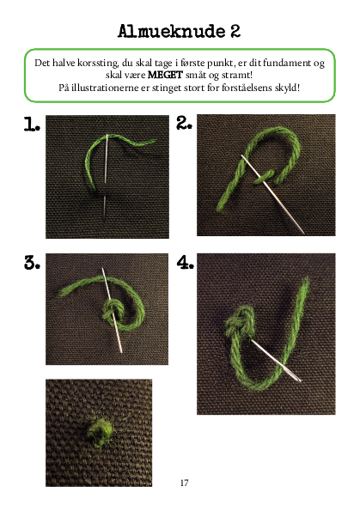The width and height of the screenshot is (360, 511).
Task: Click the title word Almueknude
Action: tap(172, 31)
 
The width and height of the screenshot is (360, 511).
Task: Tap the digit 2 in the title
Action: tap(235, 31)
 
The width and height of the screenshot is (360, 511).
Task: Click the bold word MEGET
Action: tap(165, 75)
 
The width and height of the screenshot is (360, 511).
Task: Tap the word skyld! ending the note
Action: tap(287, 88)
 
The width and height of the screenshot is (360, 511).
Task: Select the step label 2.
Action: tap(184, 123)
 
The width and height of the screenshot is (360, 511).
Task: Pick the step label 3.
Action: tap(32, 263)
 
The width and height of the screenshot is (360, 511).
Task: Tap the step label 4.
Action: tap(185, 262)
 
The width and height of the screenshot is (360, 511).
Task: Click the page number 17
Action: tap(184, 483)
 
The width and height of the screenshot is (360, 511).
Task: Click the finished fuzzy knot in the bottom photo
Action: tap(101, 431)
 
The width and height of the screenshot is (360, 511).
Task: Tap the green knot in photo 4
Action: tap(240, 322)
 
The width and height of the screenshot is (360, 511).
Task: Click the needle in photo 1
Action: tap(106, 176)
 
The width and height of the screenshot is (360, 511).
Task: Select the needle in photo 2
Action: tap(272, 194)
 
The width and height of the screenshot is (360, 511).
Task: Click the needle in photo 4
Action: tap(276, 360)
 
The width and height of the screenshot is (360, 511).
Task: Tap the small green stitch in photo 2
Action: tap(264, 176)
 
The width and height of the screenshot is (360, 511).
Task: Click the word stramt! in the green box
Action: tap(237, 76)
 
